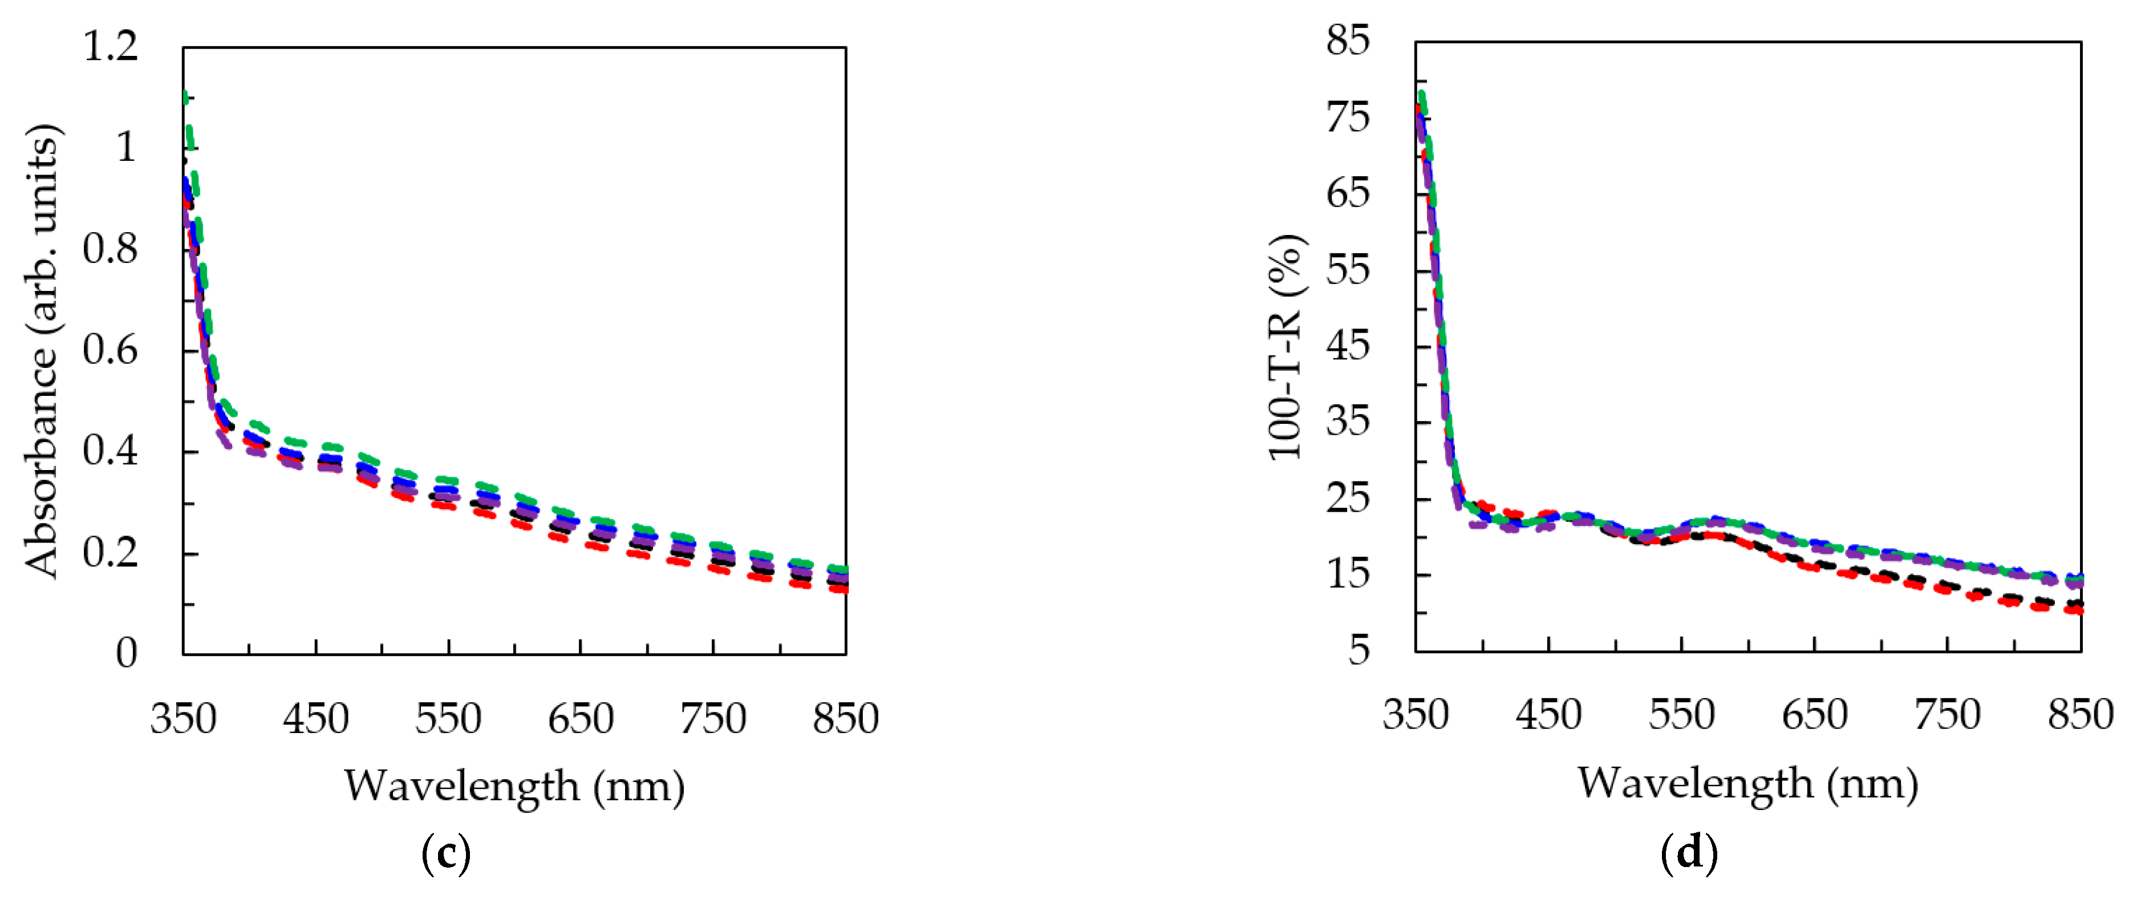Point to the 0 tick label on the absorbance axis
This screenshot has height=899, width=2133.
pos(126,654)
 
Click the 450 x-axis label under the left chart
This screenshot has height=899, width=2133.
pos(315,719)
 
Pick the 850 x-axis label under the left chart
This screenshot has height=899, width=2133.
pos(845,719)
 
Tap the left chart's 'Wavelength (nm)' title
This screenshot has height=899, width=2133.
pos(514,787)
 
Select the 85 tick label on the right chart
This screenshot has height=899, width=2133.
pos(1347,41)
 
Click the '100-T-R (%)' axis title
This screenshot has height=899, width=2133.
pos(1286,348)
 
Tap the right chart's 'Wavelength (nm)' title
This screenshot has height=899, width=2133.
pos(1747,784)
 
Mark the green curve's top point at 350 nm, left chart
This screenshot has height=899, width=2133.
pos(185,96)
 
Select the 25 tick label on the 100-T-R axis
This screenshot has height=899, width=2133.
pos(1347,499)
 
